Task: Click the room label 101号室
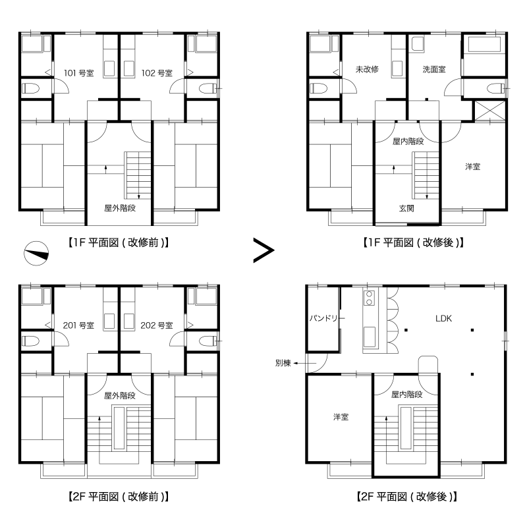79,73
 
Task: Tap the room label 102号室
157,73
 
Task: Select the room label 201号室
78,325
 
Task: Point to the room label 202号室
157,325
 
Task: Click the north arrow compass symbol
36,253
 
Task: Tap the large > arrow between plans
263,250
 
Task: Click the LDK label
443,318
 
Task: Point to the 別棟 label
283,363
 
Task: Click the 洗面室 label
434,69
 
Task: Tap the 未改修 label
367,69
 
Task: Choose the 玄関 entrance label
406,208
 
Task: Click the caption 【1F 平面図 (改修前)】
119,242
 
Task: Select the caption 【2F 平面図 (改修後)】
406,497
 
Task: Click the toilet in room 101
30,89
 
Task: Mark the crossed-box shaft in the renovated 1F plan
489,110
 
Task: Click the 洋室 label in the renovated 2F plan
341,417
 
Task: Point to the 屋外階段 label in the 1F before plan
120,208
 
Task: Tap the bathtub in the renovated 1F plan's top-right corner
484,44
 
